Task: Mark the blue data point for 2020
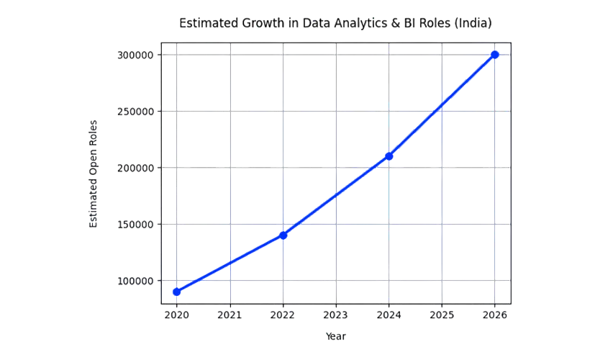click(x=177, y=291)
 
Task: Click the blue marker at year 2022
click(x=283, y=235)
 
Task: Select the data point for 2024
click(x=389, y=156)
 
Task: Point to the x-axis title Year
click(x=336, y=335)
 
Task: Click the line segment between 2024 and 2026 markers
click(x=442, y=104)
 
